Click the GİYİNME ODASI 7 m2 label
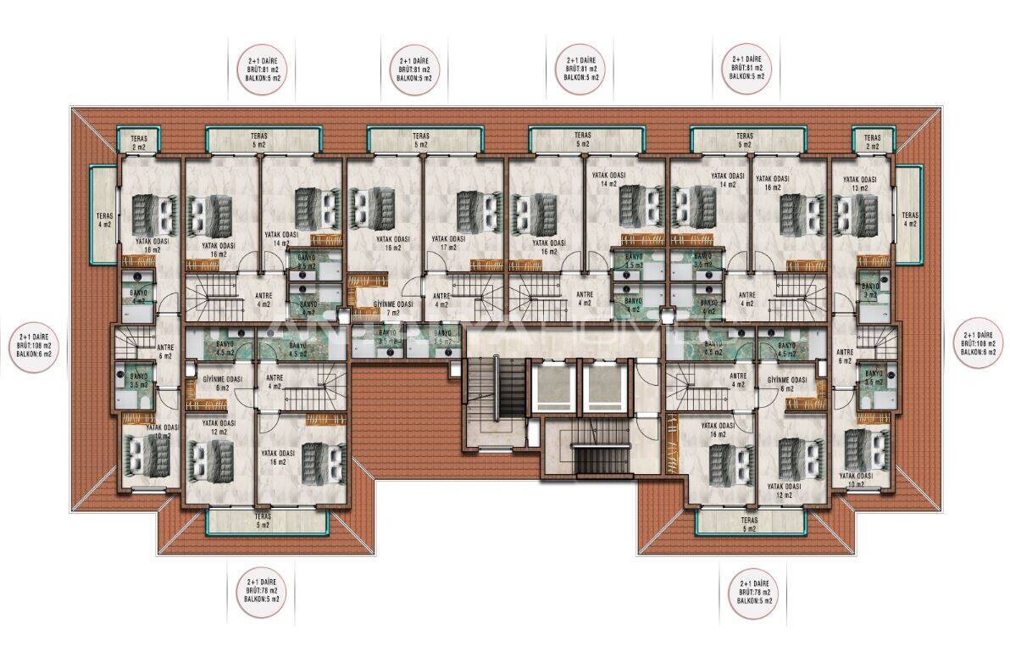(393, 309)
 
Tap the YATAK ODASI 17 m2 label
(448, 243)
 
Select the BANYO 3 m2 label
(870, 291)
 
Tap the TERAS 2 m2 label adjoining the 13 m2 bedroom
(873, 141)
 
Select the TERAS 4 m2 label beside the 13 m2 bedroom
(910, 219)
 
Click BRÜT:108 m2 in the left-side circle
(35, 345)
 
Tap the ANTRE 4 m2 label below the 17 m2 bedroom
(441, 299)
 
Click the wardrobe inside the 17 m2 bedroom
(486, 264)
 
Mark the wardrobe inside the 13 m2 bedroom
(874, 260)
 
